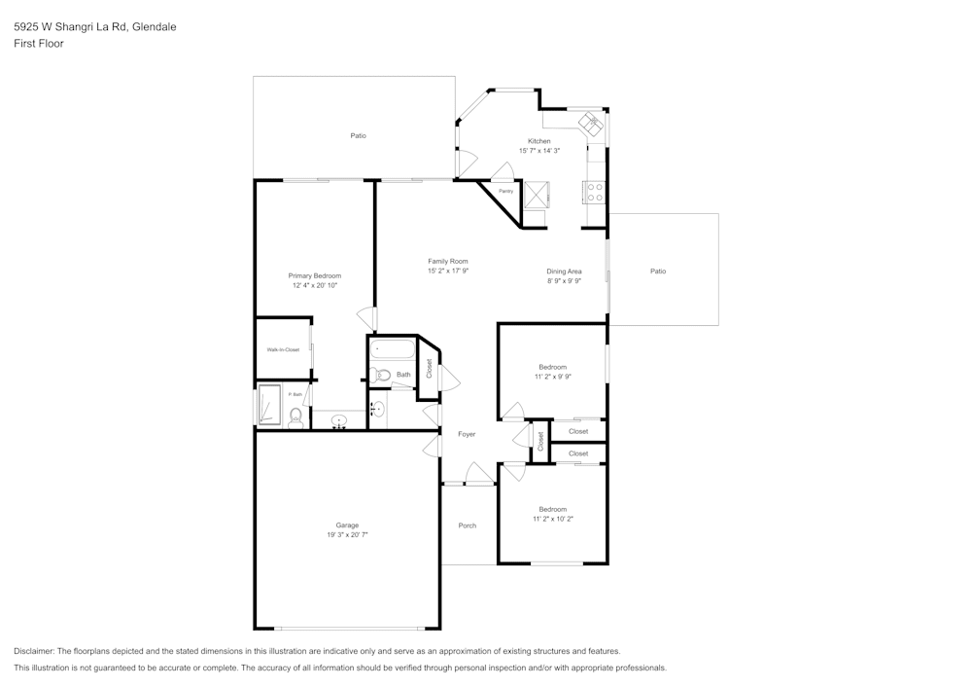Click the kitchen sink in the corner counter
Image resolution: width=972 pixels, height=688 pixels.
(591, 124)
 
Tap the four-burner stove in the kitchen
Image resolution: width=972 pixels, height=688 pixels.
(594, 192)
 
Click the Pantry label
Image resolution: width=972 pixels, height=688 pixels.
(505, 191)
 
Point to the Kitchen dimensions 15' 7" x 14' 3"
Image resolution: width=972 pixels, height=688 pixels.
(539, 151)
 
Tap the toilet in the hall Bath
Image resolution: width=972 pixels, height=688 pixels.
(382, 375)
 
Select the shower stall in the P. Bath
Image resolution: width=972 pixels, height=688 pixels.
(269, 403)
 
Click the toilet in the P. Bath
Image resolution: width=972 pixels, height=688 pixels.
(295, 416)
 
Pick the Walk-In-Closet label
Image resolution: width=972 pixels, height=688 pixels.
(283, 349)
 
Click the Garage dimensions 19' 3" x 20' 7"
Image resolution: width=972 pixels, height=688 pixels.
(347, 535)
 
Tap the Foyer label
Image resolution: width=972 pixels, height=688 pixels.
(467, 434)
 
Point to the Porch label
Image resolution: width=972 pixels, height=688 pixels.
(467, 525)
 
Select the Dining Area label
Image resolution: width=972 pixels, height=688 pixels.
(564, 271)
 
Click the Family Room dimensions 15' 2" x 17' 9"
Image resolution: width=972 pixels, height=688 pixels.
(448, 271)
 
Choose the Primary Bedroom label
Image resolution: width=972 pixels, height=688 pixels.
(314, 275)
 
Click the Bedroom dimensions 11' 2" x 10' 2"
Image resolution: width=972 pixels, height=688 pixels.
(553, 519)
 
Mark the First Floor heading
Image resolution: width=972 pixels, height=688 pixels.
(38, 44)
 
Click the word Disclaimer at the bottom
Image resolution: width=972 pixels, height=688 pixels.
(35, 650)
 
